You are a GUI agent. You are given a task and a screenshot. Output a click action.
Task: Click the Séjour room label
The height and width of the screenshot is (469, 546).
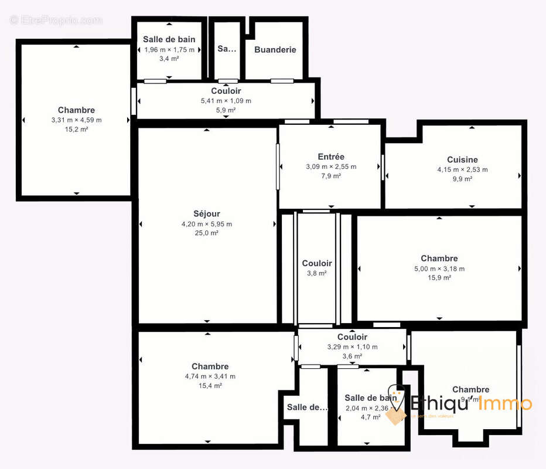pos(207,214)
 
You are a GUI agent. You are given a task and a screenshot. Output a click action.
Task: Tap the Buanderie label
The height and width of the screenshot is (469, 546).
pos(275,50)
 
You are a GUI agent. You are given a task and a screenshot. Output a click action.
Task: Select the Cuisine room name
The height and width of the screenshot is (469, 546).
pos(462,159)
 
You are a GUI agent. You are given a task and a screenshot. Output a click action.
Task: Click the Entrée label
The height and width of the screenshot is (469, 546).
pos(331,157)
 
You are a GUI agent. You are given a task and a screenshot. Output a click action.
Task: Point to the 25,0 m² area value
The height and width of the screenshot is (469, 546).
pos(207,233)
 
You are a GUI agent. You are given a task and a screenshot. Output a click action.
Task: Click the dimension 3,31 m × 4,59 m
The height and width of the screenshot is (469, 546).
pos(76,120)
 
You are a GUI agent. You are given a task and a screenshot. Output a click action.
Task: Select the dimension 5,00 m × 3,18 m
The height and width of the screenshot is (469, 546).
pos(439,269)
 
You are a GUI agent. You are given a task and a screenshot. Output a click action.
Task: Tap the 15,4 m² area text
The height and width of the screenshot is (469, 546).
pos(210,386)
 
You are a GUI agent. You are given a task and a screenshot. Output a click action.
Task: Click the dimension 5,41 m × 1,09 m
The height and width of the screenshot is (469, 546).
pos(226,101)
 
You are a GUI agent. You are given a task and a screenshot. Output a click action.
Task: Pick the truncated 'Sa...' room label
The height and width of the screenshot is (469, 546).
pos(226,49)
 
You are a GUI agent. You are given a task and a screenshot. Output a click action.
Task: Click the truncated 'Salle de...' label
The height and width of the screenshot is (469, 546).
pos(307,407)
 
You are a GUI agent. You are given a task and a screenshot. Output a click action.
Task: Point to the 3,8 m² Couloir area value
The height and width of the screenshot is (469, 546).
pos(317,273)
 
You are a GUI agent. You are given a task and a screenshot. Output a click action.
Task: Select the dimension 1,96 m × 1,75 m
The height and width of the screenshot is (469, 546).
pos(169,49)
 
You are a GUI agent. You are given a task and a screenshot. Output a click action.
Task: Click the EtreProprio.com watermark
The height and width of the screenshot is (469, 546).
pos(56,20)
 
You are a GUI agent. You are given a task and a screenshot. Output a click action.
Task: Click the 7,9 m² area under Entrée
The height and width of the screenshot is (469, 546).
pos(331,176)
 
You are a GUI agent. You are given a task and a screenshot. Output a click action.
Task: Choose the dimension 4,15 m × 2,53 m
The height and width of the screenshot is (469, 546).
pos(462,169)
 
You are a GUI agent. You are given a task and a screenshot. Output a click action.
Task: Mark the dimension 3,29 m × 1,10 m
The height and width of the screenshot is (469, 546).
pos(352,346)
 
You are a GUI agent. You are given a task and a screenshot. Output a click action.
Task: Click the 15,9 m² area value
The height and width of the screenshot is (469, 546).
pos(439,278)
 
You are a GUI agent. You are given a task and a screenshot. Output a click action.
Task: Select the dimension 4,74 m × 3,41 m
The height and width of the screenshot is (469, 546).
pos(210,376)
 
